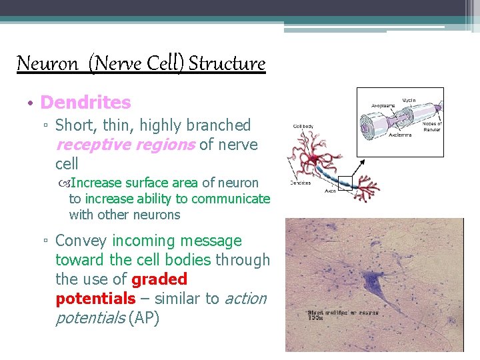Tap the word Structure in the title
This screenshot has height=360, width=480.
[227, 64]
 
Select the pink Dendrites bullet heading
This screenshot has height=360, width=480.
[85, 103]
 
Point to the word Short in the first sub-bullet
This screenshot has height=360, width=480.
[73, 125]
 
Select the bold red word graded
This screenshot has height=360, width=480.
[159, 279]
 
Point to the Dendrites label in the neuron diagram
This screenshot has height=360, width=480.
[301, 183]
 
